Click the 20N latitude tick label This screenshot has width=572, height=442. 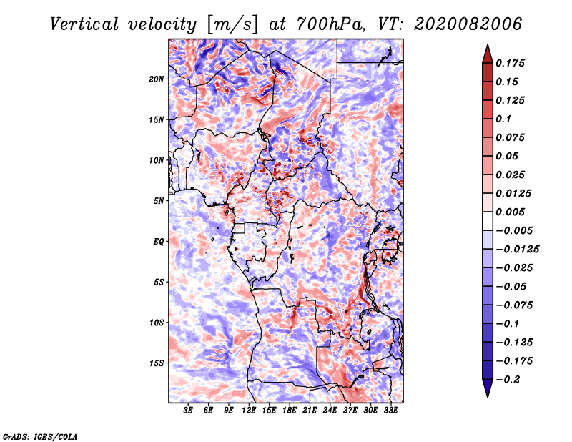157,79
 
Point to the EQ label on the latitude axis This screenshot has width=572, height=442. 159,242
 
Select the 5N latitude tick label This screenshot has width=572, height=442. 159,201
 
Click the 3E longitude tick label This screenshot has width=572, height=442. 188,411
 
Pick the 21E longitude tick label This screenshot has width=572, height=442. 310,411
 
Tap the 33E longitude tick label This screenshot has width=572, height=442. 390,411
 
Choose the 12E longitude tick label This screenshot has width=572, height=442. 248,411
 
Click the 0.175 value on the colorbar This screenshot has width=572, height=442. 510,63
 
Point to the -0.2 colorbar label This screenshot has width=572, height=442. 508,380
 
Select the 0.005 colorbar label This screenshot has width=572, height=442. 510,212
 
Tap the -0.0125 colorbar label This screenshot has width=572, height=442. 518,250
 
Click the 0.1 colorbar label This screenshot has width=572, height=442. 503,119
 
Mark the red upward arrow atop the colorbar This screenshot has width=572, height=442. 488,54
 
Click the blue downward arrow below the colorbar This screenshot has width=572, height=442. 488,388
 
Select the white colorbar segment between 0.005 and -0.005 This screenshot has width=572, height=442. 488,221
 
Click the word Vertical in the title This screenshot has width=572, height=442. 84,24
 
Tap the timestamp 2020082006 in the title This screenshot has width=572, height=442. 468,24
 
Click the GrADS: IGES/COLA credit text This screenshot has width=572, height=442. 40,436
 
